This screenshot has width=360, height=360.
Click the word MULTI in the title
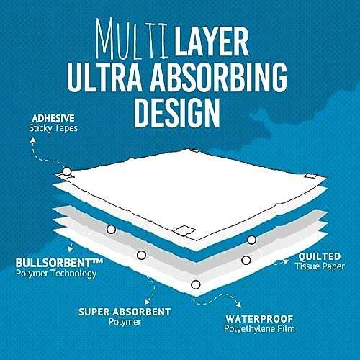point(132,39)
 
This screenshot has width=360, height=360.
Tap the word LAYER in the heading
point(212,41)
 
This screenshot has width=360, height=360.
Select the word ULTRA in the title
point(104,77)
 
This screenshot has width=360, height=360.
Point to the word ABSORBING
point(218,77)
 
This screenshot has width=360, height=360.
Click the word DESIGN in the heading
point(177,112)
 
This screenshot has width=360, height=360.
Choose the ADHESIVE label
point(53,118)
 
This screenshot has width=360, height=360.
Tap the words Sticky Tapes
point(53,128)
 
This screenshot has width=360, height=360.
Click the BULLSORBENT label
point(59,263)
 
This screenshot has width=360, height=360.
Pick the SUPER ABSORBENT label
point(125,312)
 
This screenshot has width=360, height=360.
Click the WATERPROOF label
point(259,319)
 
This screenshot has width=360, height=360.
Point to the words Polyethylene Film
point(259,329)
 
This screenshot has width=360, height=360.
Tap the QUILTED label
point(320,256)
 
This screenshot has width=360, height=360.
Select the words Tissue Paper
point(320,266)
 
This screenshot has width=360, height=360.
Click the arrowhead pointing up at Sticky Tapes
point(33,140)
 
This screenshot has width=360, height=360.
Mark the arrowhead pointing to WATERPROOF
point(239,305)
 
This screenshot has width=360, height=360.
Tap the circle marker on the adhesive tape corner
point(67,171)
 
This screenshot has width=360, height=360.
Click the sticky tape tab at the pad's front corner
point(184,230)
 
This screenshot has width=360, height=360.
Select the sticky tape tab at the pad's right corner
point(310,176)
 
